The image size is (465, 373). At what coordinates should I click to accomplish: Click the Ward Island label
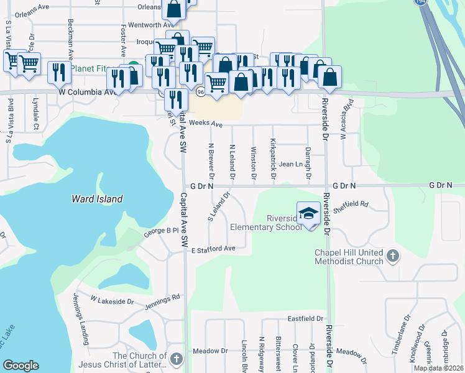pyautogui.click(x=96, y=200)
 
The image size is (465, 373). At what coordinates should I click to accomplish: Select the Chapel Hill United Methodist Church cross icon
pyautogui.click(x=392, y=255)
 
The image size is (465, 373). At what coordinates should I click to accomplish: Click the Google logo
pyautogui.click(x=21, y=366)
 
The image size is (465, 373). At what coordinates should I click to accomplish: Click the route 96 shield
pyautogui.click(x=200, y=92)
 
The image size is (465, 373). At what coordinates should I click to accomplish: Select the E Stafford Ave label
pyautogui.click(x=213, y=249)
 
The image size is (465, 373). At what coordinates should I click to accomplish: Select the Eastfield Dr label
pyautogui.click(x=305, y=318)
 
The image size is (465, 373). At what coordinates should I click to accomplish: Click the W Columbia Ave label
pyautogui.click(x=88, y=92)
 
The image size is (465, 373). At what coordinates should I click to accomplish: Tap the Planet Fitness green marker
pyautogui.click(x=132, y=68)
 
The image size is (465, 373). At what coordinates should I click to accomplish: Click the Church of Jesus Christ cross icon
pyautogui.click(x=177, y=358)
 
